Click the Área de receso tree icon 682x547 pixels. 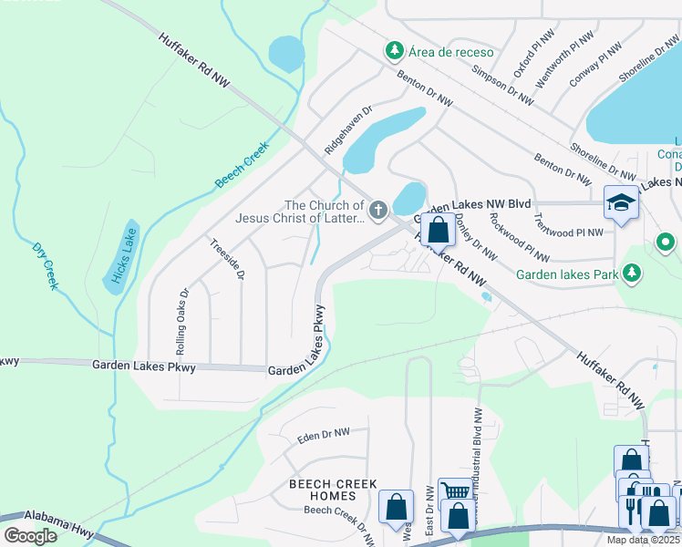tap(394, 50)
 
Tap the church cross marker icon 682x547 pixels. tap(377, 212)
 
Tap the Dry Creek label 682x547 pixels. tap(45, 266)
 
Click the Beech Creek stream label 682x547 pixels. tap(242, 165)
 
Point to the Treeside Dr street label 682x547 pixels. tap(228, 259)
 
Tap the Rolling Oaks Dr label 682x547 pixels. tap(181, 322)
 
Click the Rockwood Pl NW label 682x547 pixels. tap(519, 237)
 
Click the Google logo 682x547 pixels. tap(30, 535)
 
